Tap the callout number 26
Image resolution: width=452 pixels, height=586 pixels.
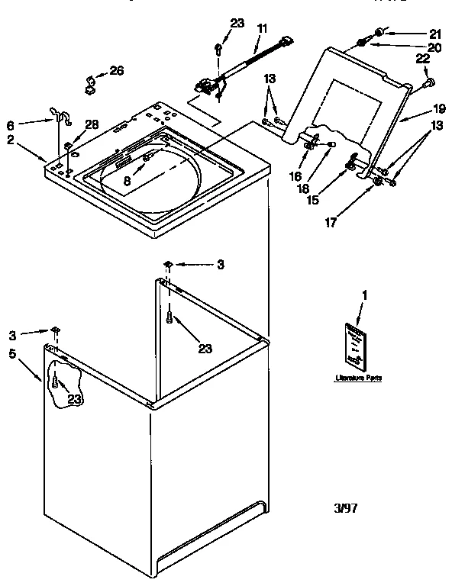point(116,71)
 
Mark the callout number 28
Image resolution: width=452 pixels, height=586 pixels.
point(92,124)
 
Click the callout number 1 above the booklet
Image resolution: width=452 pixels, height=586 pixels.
point(364,295)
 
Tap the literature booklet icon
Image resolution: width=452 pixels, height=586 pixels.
point(354,343)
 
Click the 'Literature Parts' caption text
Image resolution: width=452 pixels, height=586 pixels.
point(357,378)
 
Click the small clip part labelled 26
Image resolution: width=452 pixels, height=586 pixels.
point(90,79)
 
